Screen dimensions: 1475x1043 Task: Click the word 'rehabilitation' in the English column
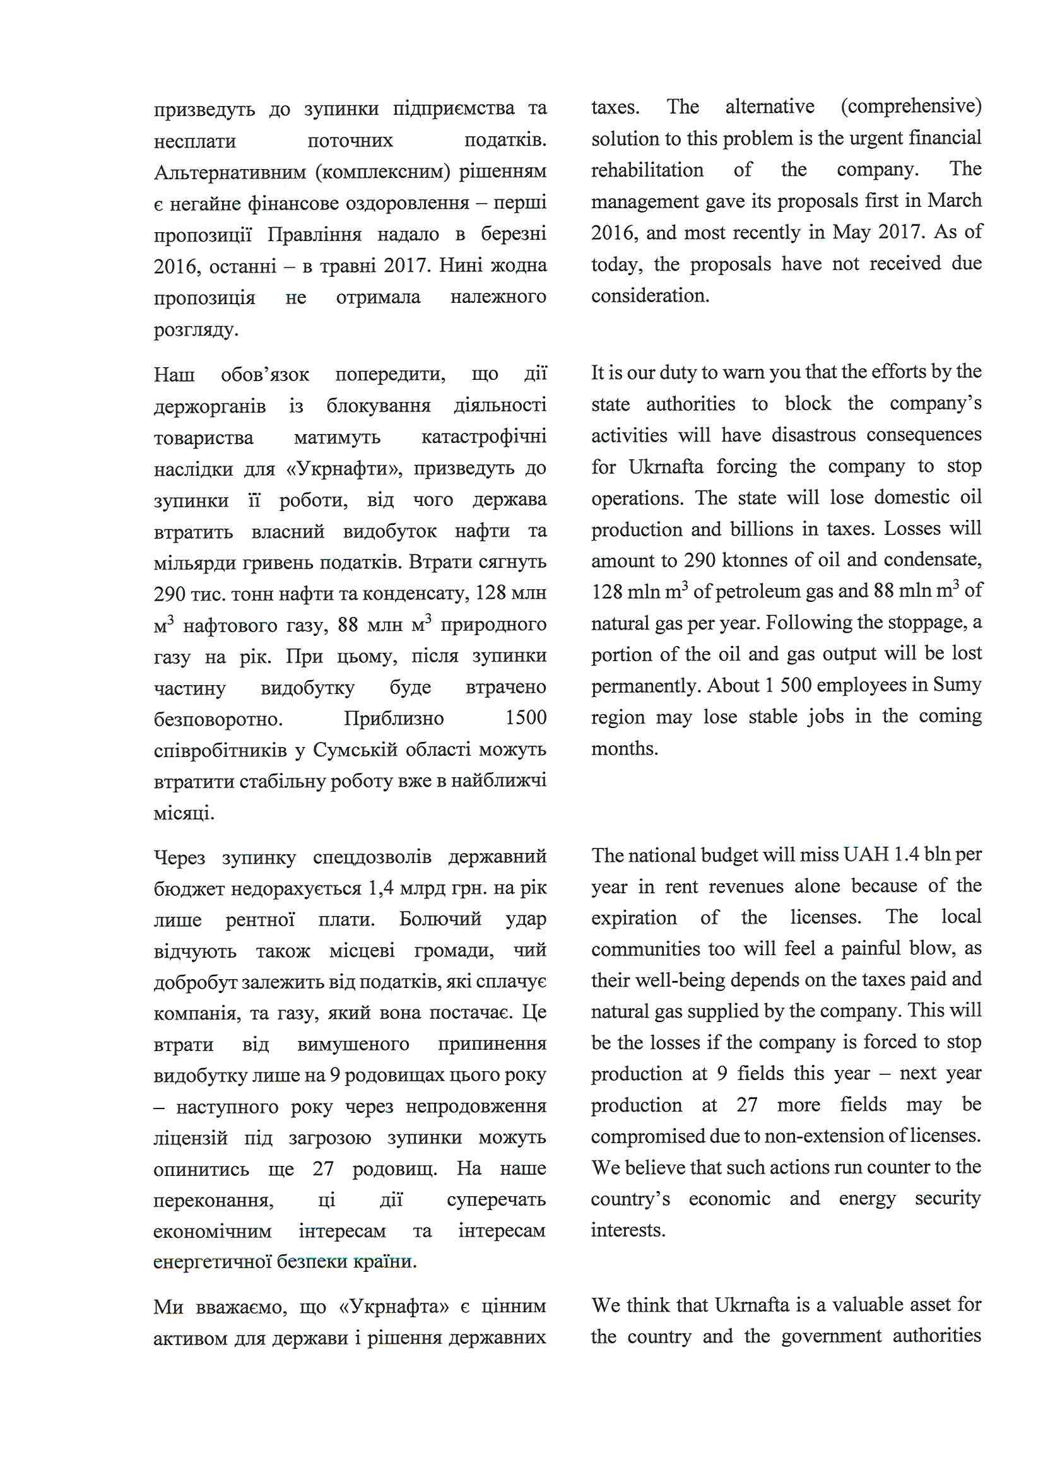tap(647, 170)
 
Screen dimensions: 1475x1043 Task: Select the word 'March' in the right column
tap(953, 201)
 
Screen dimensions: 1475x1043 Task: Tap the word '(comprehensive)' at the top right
tap(910, 107)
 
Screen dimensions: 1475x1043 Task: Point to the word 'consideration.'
tap(650, 296)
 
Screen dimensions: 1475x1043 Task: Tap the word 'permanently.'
tap(646, 686)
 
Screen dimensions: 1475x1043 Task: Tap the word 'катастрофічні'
tap(483, 437)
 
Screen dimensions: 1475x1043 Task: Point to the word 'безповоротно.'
tap(218, 719)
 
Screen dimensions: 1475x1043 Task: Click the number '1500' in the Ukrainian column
tap(525, 718)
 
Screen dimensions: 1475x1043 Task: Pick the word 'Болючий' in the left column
tap(440, 919)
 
